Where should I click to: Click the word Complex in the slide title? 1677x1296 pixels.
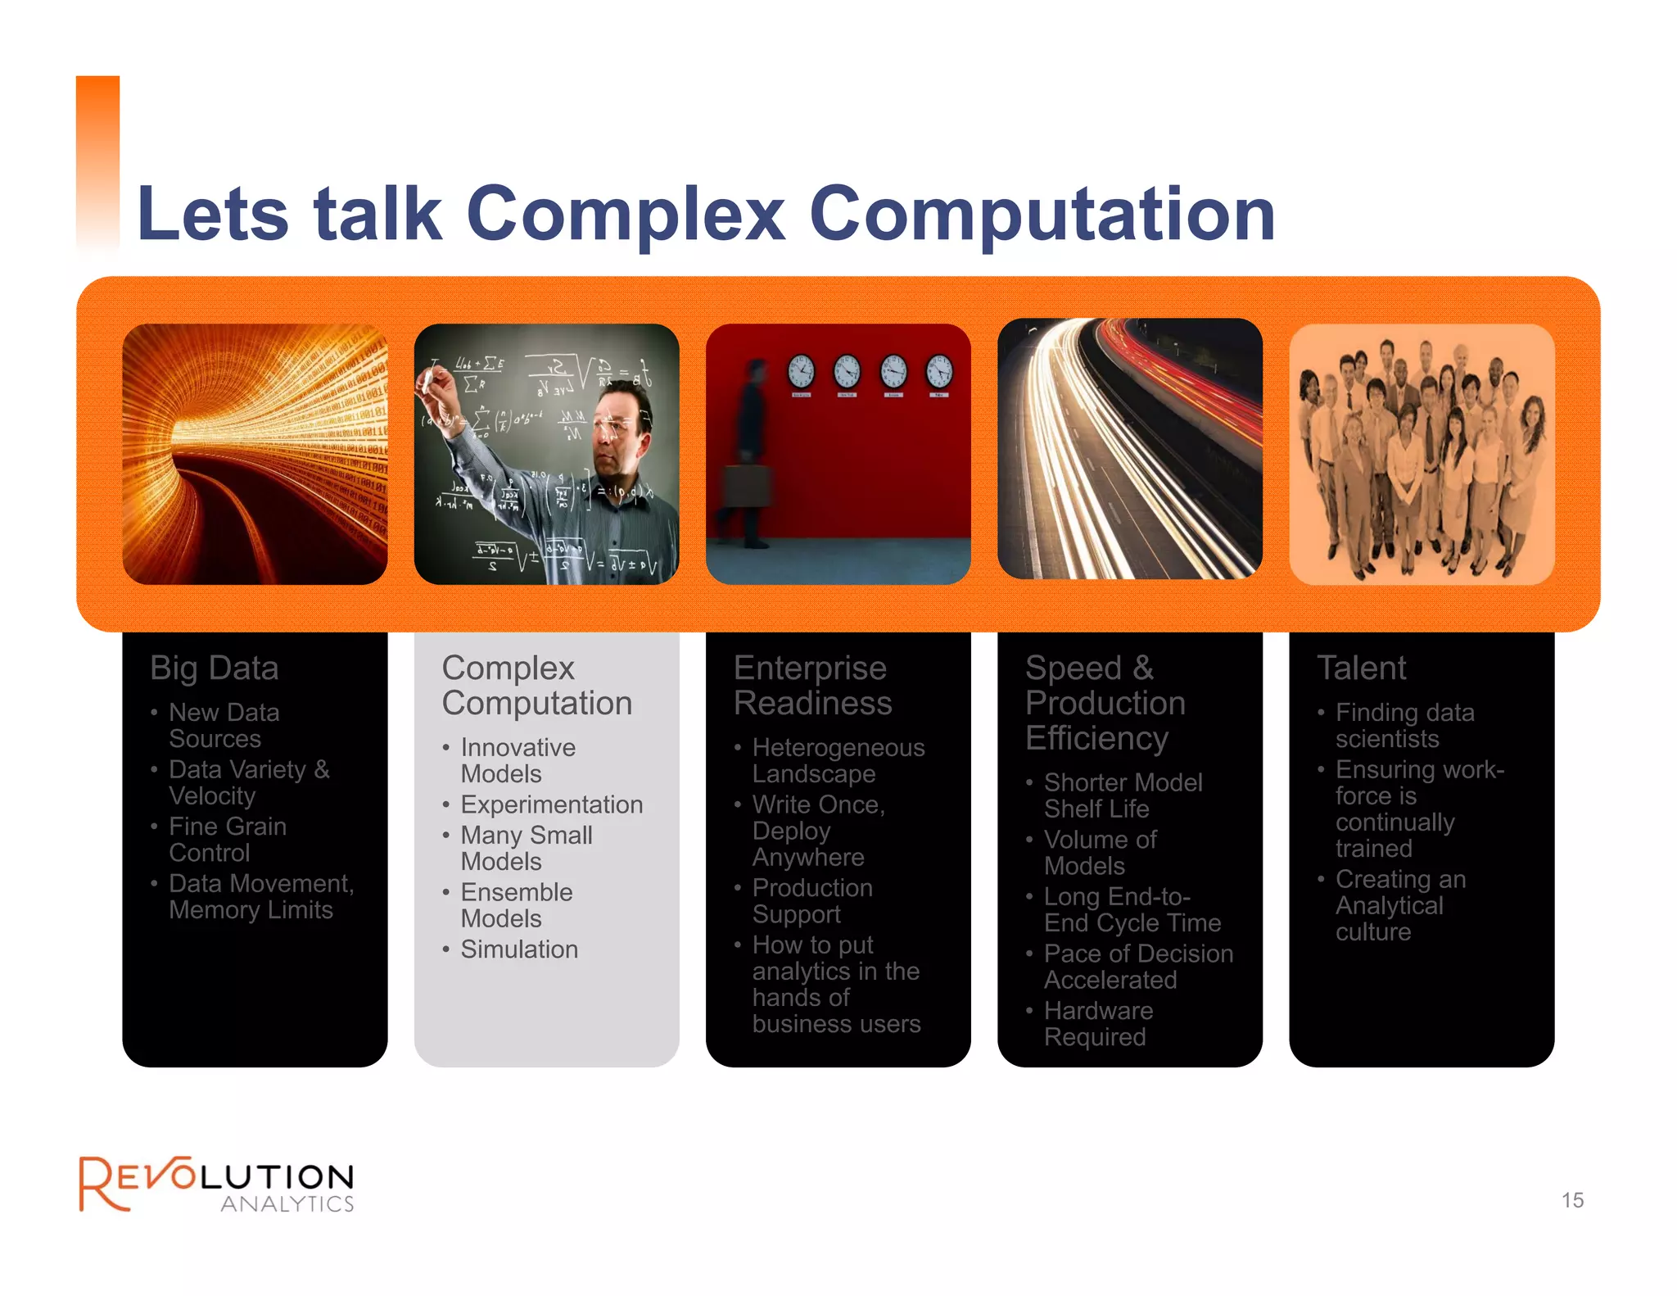click(626, 215)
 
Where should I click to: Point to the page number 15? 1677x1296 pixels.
click(1572, 1200)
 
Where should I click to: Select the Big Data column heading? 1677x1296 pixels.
click(215, 668)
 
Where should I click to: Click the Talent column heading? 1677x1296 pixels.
click(1361, 668)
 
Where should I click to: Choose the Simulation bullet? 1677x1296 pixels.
click(519, 949)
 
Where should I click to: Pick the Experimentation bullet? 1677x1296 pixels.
click(551, 804)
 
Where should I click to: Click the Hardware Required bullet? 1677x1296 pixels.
click(1097, 1024)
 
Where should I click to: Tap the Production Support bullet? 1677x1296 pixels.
click(811, 901)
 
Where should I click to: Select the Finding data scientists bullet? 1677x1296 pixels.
click(1404, 726)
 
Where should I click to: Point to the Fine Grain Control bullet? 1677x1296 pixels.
click(228, 840)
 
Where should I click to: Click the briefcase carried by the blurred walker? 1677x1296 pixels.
click(747, 485)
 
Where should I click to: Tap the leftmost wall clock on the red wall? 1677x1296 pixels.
click(801, 372)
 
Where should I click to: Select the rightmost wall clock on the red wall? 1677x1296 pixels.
click(939, 372)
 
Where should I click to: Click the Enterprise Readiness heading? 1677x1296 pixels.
click(811, 686)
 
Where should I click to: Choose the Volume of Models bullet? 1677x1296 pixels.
click(1100, 853)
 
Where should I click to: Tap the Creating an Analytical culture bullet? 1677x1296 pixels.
click(1399, 905)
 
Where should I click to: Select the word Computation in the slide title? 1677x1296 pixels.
click(1042, 215)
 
